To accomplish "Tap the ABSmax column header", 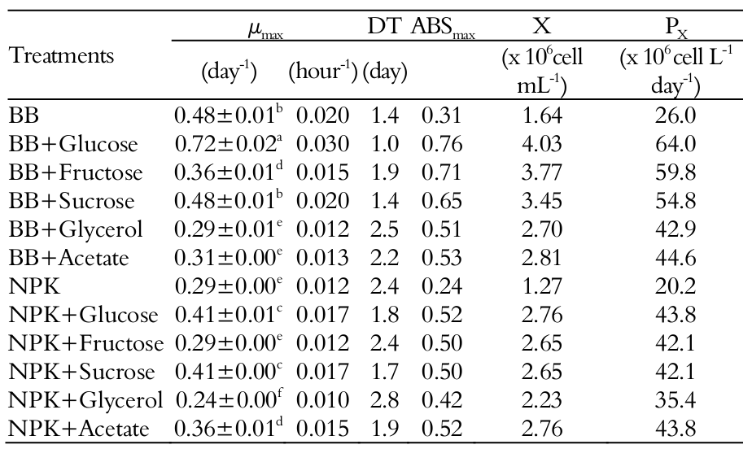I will pyautogui.click(x=444, y=28).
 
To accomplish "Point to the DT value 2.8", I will pyautogui.click(x=385, y=400).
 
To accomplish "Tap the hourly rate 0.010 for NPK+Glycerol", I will pyautogui.click(x=322, y=400).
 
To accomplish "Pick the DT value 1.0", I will pyautogui.click(x=385, y=145).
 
